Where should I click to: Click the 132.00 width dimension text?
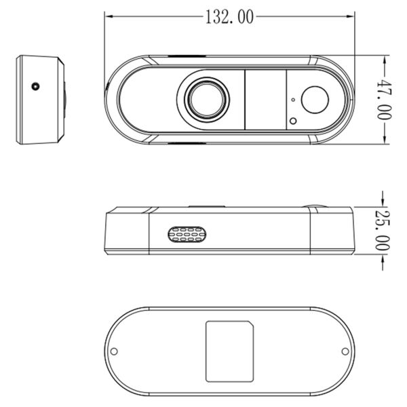pyautogui.click(x=229, y=17)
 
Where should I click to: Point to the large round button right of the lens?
pyautogui.click(x=314, y=100)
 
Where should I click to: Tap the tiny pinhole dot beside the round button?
pyautogui.click(x=292, y=100)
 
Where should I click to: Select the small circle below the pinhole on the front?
pyautogui.click(x=293, y=121)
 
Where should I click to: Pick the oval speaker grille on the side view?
pyautogui.click(x=188, y=234)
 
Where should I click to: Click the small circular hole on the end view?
pyautogui.click(x=35, y=87)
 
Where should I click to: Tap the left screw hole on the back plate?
pyautogui.click(x=114, y=352)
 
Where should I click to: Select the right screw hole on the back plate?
pyautogui.click(x=345, y=352)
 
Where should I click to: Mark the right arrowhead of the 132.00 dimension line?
pyautogui.click(x=353, y=17)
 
